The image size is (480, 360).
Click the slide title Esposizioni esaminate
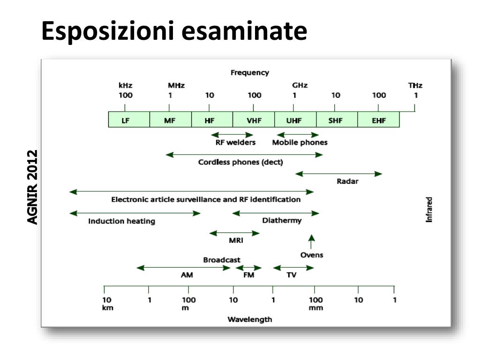coord(174,31)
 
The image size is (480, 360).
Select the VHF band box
coord(254,120)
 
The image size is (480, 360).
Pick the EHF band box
coord(378,120)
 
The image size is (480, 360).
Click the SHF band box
coord(337,120)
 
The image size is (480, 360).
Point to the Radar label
coord(347,182)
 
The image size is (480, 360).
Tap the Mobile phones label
coord(300,142)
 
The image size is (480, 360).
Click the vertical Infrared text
coord(429,210)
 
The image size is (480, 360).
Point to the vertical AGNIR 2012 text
coord(32,187)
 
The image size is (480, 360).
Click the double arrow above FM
coord(248,268)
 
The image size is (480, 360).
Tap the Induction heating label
coord(122,221)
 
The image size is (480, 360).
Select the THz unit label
coord(415,86)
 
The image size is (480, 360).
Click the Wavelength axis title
coord(249,320)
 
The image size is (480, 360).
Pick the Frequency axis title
coord(250,73)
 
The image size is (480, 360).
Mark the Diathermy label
coord(282,220)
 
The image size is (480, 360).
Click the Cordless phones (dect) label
coord(240,162)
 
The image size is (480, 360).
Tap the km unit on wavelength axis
coord(108,308)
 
